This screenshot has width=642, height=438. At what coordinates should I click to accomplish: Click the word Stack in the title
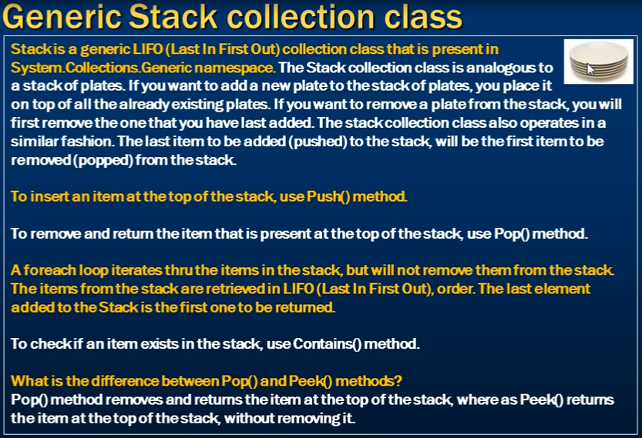pos(173,17)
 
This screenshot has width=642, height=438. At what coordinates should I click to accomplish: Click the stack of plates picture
pos(599,62)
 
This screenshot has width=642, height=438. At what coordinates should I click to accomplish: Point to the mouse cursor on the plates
pos(590,69)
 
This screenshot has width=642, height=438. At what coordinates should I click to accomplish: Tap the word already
pos(144,104)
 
